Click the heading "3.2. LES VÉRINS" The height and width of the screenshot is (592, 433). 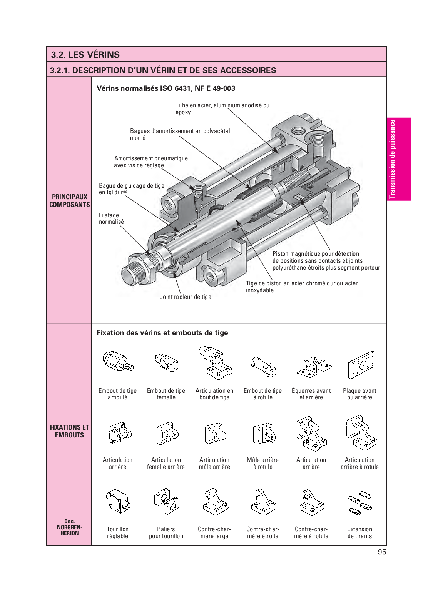point(85,55)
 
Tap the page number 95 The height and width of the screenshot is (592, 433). point(381,552)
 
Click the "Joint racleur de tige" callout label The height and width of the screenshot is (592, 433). point(185,297)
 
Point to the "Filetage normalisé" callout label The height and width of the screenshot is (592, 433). point(111,218)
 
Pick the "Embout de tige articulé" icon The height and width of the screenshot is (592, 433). point(118,362)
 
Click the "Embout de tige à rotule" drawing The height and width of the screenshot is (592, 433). point(264,366)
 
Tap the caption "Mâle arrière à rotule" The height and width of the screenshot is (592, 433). point(262,463)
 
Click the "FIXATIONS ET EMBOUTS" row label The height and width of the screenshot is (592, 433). point(69,431)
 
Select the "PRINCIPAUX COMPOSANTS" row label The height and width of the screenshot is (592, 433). point(69,200)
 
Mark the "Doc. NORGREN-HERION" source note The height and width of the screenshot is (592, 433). point(69,527)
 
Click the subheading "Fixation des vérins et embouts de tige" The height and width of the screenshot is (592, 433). point(162,333)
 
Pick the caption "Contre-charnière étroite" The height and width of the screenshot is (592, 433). point(262,532)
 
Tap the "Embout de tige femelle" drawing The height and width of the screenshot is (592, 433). point(167,362)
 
